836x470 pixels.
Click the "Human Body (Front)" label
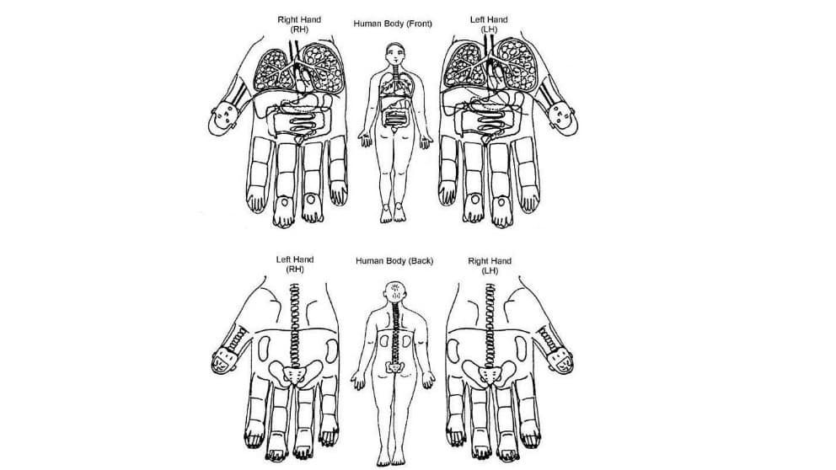pos(393,24)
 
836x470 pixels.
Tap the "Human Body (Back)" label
pos(394,260)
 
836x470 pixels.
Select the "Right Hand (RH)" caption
pos(299,24)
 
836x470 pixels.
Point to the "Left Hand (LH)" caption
pos(489,24)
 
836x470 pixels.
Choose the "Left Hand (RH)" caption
pos(295,264)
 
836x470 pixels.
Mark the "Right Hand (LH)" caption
pos(490,265)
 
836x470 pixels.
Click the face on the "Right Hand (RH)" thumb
pos(222,120)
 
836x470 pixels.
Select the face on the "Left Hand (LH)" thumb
pos(563,118)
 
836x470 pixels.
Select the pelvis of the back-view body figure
pos(394,368)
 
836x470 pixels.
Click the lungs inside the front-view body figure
pos(394,83)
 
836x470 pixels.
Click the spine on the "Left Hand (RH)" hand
pos(294,326)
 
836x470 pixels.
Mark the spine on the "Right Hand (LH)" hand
pos(489,326)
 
